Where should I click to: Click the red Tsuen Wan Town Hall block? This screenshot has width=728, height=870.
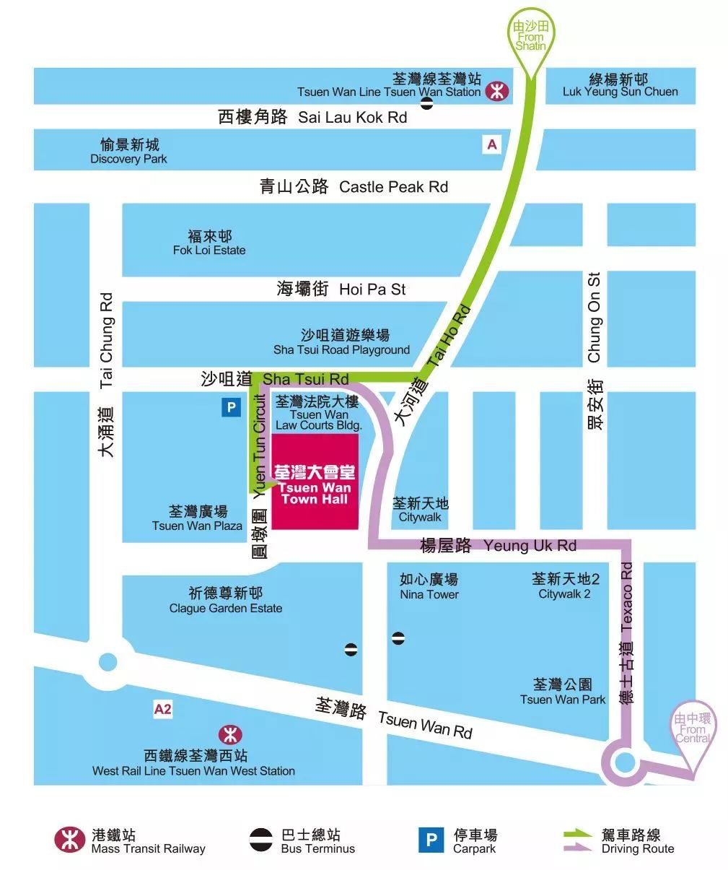click(315, 482)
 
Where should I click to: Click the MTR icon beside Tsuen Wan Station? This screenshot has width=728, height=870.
click(496, 91)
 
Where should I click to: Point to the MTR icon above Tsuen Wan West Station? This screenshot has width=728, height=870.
click(230, 735)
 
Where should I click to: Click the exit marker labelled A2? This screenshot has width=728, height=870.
click(163, 709)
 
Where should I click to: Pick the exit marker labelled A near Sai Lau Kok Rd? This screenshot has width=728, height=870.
click(492, 144)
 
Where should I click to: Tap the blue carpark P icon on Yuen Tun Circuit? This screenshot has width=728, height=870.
click(231, 407)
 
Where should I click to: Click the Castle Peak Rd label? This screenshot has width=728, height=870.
click(354, 187)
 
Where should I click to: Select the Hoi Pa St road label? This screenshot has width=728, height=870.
click(341, 290)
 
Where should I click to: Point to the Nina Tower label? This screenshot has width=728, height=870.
click(429, 587)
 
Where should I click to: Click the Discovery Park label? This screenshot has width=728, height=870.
click(129, 152)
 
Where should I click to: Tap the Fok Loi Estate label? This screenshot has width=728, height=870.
click(209, 243)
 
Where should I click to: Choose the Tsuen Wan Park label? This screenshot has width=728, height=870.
click(563, 692)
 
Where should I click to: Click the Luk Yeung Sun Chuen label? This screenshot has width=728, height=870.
click(620, 84)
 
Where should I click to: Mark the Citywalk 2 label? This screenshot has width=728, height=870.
click(565, 586)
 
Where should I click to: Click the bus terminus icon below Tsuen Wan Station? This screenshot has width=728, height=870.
click(427, 103)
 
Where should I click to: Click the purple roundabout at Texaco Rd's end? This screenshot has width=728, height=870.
click(624, 762)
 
